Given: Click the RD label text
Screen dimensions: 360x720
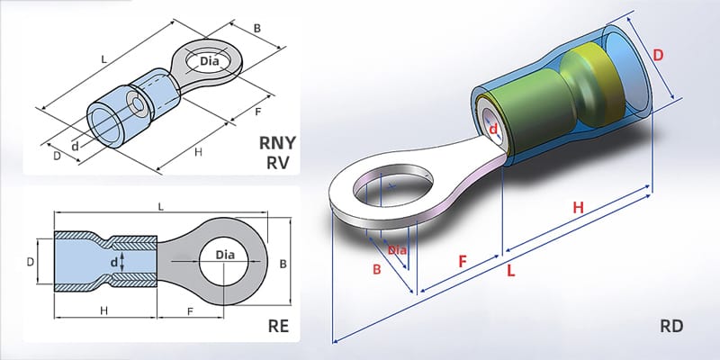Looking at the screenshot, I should pyautogui.click(x=670, y=327).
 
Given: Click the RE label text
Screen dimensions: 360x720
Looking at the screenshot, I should pyautogui.click(x=278, y=326).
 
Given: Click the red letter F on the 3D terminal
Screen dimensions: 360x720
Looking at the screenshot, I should pyautogui.click(x=462, y=261).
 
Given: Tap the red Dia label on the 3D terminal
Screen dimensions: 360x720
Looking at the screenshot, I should pyautogui.click(x=397, y=249).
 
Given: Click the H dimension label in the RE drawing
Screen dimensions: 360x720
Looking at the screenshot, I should pyautogui.click(x=104, y=310).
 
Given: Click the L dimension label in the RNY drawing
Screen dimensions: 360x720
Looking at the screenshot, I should pyautogui.click(x=105, y=58).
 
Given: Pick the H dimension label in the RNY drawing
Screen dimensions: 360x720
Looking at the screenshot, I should pyautogui.click(x=198, y=152).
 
